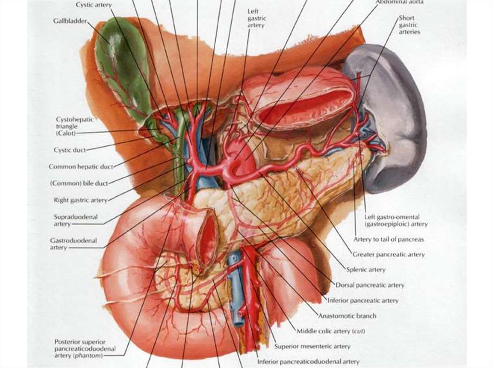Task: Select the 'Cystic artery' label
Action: coord(94,5)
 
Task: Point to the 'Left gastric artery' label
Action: coord(257,18)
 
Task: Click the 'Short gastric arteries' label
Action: coord(409,25)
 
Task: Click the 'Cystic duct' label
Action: coord(70,150)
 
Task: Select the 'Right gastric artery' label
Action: coord(80,200)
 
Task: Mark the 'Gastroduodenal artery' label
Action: coord(73,244)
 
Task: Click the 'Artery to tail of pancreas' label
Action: coord(388,239)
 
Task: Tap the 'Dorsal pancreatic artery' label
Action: coord(370,285)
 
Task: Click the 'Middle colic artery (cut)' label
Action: coord(331,331)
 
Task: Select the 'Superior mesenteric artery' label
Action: coord(312,346)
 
